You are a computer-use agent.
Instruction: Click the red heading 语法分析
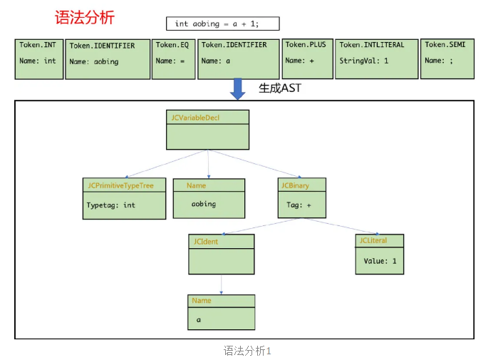pyautogui.click(x=84, y=17)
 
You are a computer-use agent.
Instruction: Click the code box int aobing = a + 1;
pyautogui.click(x=222, y=24)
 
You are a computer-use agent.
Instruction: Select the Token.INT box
pyautogui.click(x=38, y=58)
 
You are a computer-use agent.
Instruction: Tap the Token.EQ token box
pyautogui.click(x=173, y=58)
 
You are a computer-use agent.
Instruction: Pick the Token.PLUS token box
pyautogui.click(x=308, y=58)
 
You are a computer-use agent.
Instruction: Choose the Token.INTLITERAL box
pyautogui.click(x=376, y=58)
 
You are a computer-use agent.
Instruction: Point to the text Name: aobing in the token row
pyautogui.click(x=94, y=62)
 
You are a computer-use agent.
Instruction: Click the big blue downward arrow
pyautogui.click(x=237, y=88)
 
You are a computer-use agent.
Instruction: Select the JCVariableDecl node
pyautogui.click(x=207, y=129)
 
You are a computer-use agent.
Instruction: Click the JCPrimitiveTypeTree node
pyautogui.click(x=124, y=198)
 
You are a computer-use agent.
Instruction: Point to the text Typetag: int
pyautogui.click(x=111, y=205)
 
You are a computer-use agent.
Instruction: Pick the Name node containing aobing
pyautogui.click(x=209, y=197)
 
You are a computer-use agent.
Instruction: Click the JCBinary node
pyautogui.click(x=303, y=197)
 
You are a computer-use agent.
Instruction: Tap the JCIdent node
pyautogui.click(x=222, y=254)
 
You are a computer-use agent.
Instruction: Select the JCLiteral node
pyautogui.click(x=380, y=254)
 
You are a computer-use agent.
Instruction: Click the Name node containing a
pyautogui.click(x=221, y=312)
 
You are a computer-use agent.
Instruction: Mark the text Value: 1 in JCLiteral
pyautogui.click(x=380, y=261)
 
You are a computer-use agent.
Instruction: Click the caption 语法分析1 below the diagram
pyautogui.click(x=247, y=351)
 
